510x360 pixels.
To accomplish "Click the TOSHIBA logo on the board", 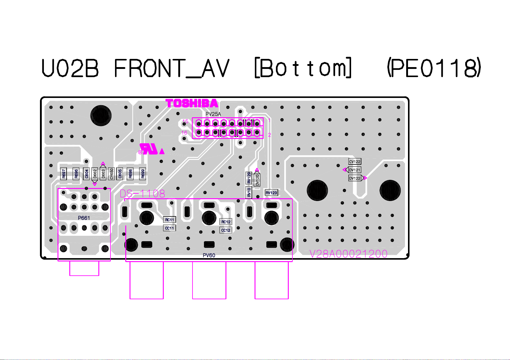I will pyautogui.click(x=192, y=103).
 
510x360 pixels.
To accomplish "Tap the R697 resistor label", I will pyautogui.click(x=64, y=174).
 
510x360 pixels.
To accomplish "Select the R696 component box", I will pyautogui.click(x=76, y=174).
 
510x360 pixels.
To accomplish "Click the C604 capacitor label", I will pyautogui.click(x=87, y=174).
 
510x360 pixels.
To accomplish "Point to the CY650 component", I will pyautogui.click(x=112, y=174).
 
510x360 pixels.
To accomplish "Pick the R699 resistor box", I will pyautogui.click(x=143, y=174).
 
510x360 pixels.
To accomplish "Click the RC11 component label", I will pyautogui.click(x=170, y=220).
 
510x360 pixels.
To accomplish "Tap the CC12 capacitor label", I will pyautogui.click(x=226, y=230).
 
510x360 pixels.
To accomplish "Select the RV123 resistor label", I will pyautogui.click(x=271, y=193).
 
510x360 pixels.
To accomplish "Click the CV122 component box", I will pyautogui.click(x=355, y=162).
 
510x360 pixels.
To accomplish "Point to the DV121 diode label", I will pyautogui.click(x=355, y=170).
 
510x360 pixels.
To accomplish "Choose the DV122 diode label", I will pyautogui.click(x=355, y=178).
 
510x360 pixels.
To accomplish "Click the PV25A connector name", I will pyautogui.click(x=213, y=114).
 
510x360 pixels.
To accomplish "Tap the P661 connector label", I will pyautogui.click(x=84, y=218).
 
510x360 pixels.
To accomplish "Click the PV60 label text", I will pyautogui.click(x=209, y=255).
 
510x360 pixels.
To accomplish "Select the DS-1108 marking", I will pyautogui.click(x=143, y=194).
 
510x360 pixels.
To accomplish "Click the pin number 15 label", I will pyautogui.click(x=185, y=121).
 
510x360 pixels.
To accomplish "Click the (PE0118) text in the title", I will pyautogui.click(x=434, y=68).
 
